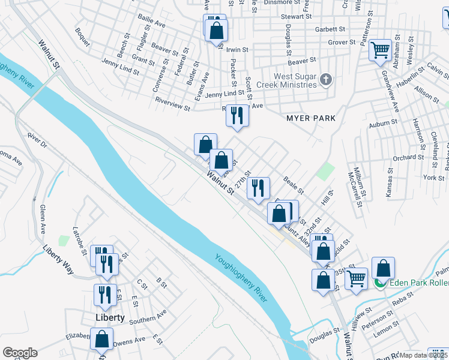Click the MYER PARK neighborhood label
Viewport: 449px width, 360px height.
(311, 118)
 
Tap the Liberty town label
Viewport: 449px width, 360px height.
(109, 317)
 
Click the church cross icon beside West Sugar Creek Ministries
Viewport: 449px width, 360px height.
(326, 80)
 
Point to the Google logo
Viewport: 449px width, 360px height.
(20, 353)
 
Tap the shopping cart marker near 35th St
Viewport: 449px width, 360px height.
(356, 279)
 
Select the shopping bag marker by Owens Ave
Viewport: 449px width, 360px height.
(101, 338)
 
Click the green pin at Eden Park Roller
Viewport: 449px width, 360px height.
(379, 283)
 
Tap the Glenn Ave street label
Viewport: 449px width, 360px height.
(42, 219)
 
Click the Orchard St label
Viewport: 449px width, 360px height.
(408, 157)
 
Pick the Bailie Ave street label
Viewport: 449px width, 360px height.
(151, 23)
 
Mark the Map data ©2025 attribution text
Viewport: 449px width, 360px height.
(423, 355)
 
